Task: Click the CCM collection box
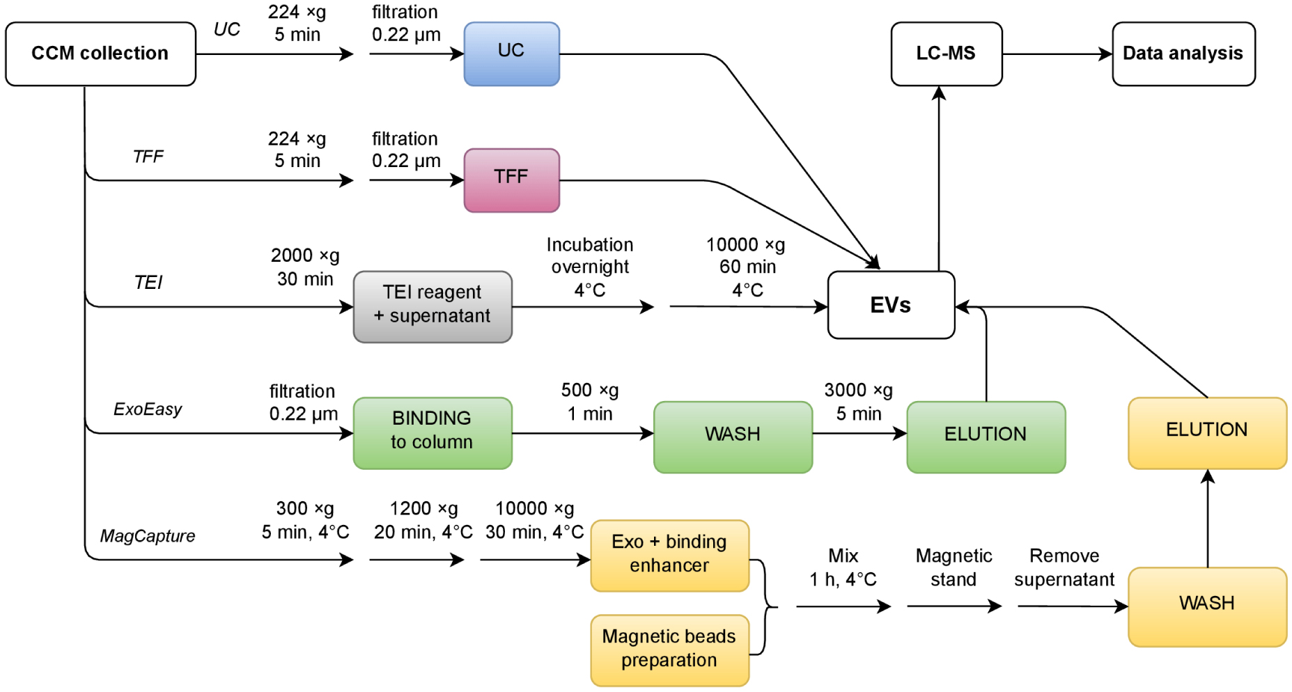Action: (x=100, y=54)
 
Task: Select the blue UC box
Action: (x=511, y=54)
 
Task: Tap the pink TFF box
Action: (x=511, y=180)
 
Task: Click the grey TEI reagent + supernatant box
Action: (x=433, y=306)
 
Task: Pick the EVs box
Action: (x=891, y=305)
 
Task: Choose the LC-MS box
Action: (x=946, y=54)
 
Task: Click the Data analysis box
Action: (x=1183, y=54)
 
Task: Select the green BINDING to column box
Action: (x=433, y=433)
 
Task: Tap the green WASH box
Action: (x=733, y=437)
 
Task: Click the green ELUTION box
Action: (x=986, y=437)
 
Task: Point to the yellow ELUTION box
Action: (x=1207, y=432)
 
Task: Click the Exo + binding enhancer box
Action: (x=669, y=556)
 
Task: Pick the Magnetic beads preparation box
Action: (x=669, y=650)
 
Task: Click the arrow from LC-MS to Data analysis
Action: (x=1057, y=54)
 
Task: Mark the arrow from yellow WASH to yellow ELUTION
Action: (x=1208, y=519)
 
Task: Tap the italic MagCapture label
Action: (x=148, y=536)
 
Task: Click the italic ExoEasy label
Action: (x=148, y=409)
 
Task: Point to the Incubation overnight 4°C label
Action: (x=590, y=267)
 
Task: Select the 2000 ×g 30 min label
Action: (x=305, y=267)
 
